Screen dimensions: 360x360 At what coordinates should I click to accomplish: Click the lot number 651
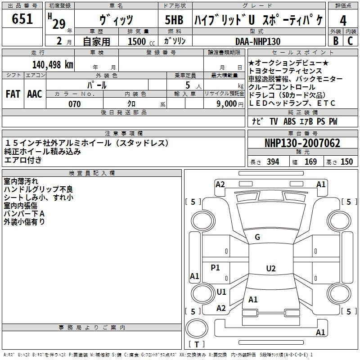22,18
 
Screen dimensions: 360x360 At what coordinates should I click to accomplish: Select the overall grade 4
343,21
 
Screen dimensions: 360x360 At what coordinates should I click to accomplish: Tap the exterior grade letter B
336,41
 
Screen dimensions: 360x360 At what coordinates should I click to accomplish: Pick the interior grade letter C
350,41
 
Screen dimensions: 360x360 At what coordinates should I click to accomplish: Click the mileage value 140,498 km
53,65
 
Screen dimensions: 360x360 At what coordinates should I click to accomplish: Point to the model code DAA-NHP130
258,41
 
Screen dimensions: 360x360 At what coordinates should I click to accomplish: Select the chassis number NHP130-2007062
302,143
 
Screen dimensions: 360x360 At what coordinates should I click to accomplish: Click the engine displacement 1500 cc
141,41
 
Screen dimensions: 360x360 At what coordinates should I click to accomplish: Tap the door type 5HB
174,20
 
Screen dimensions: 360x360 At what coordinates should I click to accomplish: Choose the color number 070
75,104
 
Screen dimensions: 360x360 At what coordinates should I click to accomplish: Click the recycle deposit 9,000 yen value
229,104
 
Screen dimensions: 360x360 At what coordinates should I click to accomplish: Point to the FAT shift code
13,94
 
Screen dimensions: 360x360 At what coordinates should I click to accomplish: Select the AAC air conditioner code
35,94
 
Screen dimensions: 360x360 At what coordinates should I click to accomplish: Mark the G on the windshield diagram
257,237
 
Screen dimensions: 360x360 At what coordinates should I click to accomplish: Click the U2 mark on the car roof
271,268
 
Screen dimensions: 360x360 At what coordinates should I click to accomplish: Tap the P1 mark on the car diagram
215,267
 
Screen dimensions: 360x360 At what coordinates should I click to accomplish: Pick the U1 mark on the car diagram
221,292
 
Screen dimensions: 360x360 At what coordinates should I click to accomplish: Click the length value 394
273,162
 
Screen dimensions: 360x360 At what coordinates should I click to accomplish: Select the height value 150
346,162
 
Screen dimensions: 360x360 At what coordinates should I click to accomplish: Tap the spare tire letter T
197,344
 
